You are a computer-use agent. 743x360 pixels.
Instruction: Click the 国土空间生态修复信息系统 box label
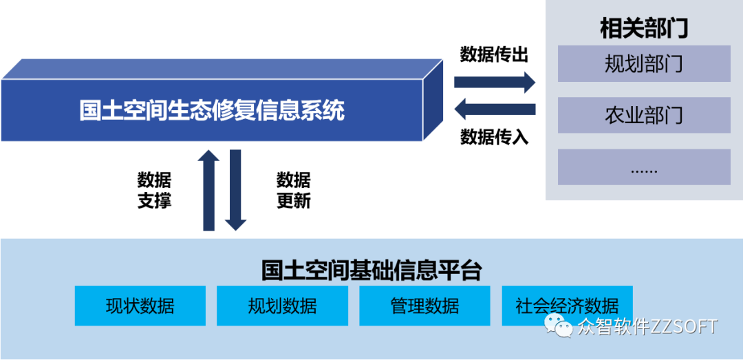click(x=211, y=110)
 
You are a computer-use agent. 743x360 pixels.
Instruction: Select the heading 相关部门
click(x=643, y=29)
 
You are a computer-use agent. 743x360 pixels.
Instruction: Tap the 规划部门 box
click(x=643, y=64)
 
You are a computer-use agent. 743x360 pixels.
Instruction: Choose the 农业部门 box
click(x=643, y=115)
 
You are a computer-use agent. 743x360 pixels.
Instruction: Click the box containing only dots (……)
click(x=643, y=167)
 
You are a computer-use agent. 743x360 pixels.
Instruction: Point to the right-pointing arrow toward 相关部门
click(x=494, y=83)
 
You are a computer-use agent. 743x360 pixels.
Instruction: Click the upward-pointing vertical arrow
click(x=208, y=189)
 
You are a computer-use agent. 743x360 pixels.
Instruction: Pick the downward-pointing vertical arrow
click(x=235, y=189)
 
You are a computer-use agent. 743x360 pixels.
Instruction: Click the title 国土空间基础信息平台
click(x=371, y=270)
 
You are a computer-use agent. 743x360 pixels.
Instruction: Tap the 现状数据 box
click(x=140, y=306)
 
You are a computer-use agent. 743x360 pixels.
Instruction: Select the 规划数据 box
click(x=282, y=306)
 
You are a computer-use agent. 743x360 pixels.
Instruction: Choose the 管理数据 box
click(x=424, y=306)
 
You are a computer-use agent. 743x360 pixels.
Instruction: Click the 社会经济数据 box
click(x=567, y=306)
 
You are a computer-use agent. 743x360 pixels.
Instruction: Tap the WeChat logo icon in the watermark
click(x=559, y=326)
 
